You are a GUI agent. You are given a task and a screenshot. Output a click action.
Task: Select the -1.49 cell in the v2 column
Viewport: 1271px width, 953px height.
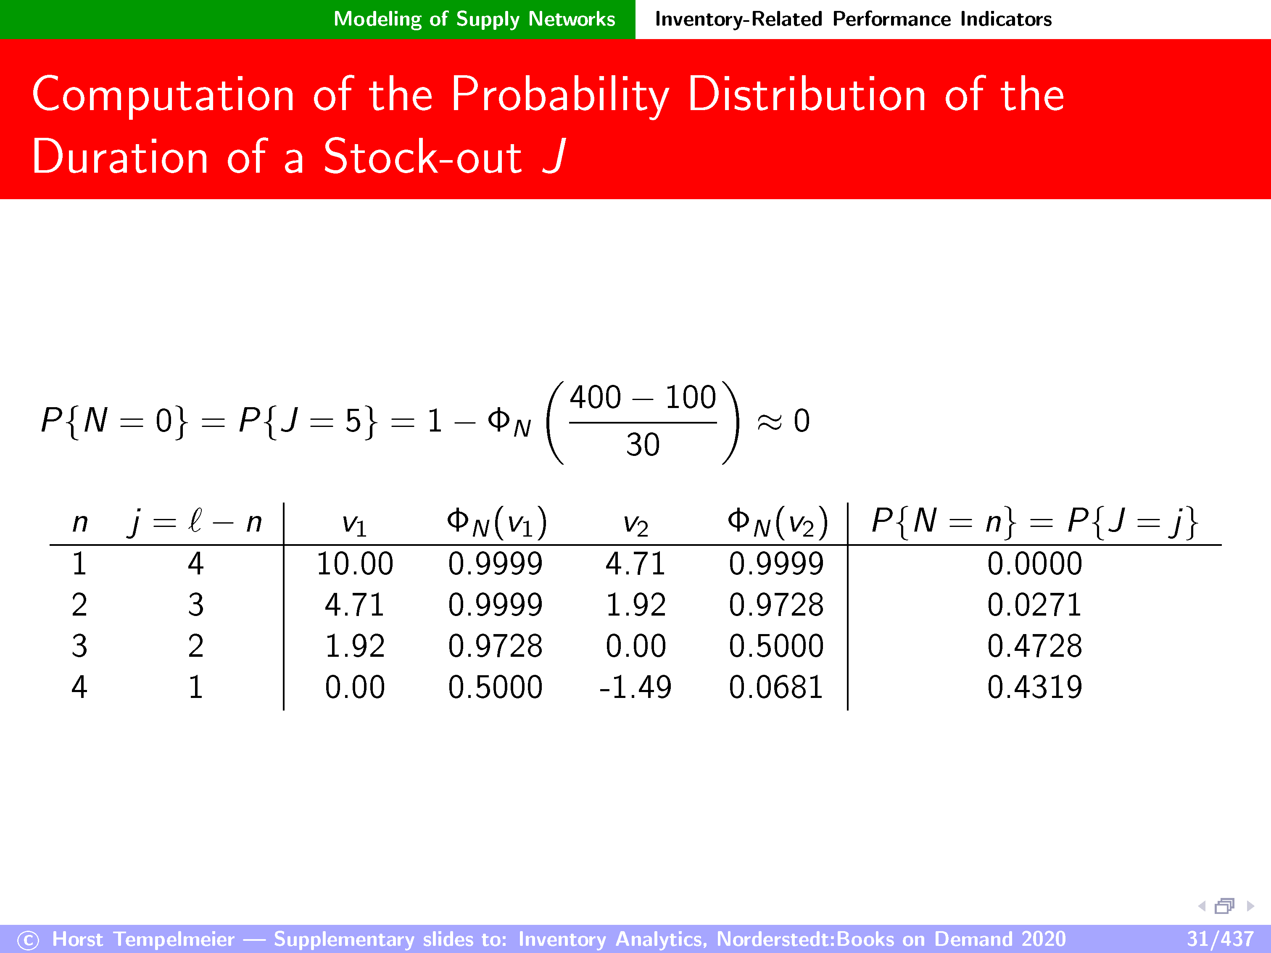[x=635, y=687]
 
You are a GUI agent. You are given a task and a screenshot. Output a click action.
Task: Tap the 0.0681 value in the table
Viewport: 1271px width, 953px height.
[x=776, y=687]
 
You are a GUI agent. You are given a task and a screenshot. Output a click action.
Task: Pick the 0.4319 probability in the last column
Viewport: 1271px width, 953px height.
[x=1034, y=687]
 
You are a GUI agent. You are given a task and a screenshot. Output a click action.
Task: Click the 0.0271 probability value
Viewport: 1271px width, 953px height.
[x=1034, y=605]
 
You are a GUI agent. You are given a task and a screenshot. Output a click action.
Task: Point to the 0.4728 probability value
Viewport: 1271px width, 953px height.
[x=1034, y=646]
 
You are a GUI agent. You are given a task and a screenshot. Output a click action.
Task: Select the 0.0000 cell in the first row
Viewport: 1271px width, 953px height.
[x=1034, y=563]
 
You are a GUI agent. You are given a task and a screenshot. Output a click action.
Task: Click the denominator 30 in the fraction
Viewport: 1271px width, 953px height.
[x=643, y=445]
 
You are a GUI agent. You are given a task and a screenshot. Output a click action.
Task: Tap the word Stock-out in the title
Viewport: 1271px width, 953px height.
[x=423, y=156]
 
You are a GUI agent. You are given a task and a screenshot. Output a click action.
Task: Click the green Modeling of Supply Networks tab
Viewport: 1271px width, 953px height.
[x=475, y=19]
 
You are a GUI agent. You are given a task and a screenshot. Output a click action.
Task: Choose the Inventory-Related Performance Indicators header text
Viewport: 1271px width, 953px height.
[x=853, y=19]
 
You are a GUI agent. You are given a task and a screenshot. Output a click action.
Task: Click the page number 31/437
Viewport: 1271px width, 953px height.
[x=1220, y=939]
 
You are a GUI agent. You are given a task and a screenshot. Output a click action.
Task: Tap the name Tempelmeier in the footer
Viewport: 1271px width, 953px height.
[x=174, y=939]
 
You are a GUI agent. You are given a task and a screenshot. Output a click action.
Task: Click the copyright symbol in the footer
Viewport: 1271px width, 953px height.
[x=28, y=940]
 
